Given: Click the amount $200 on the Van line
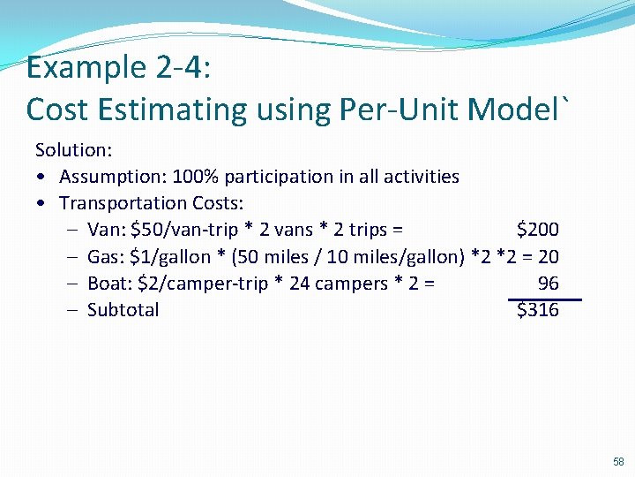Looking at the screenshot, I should pyautogui.click(x=537, y=230).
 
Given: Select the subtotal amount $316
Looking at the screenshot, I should pyautogui.click(x=537, y=310).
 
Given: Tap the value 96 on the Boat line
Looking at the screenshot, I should pyautogui.click(x=548, y=284).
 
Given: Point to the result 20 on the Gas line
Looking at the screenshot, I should pyautogui.click(x=548, y=257).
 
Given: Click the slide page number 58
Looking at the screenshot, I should pyautogui.click(x=618, y=462).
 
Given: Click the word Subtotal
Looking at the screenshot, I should pyautogui.click(x=123, y=310).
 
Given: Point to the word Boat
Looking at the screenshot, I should pyautogui.click(x=108, y=284).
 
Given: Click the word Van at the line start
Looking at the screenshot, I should pyautogui.click(x=105, y=230).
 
